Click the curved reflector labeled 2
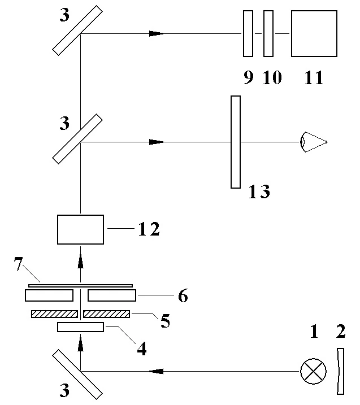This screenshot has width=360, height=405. tap(339, 371)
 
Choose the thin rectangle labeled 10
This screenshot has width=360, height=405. tap(268, 34)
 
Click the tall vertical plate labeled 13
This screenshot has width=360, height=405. tap(236, 142)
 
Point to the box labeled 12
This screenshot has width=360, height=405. tap(80, 229)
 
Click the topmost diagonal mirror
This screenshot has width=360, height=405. tap(77, 30)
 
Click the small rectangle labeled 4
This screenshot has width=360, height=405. tap(80, 327)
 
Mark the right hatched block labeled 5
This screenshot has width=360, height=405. tap(106, 313)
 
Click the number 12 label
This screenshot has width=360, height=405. tap(149, 229)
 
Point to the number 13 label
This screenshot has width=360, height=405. tap(259, 192)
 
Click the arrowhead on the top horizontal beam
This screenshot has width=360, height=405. tap(156, 34)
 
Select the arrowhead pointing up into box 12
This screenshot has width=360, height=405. tap(80, 260)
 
